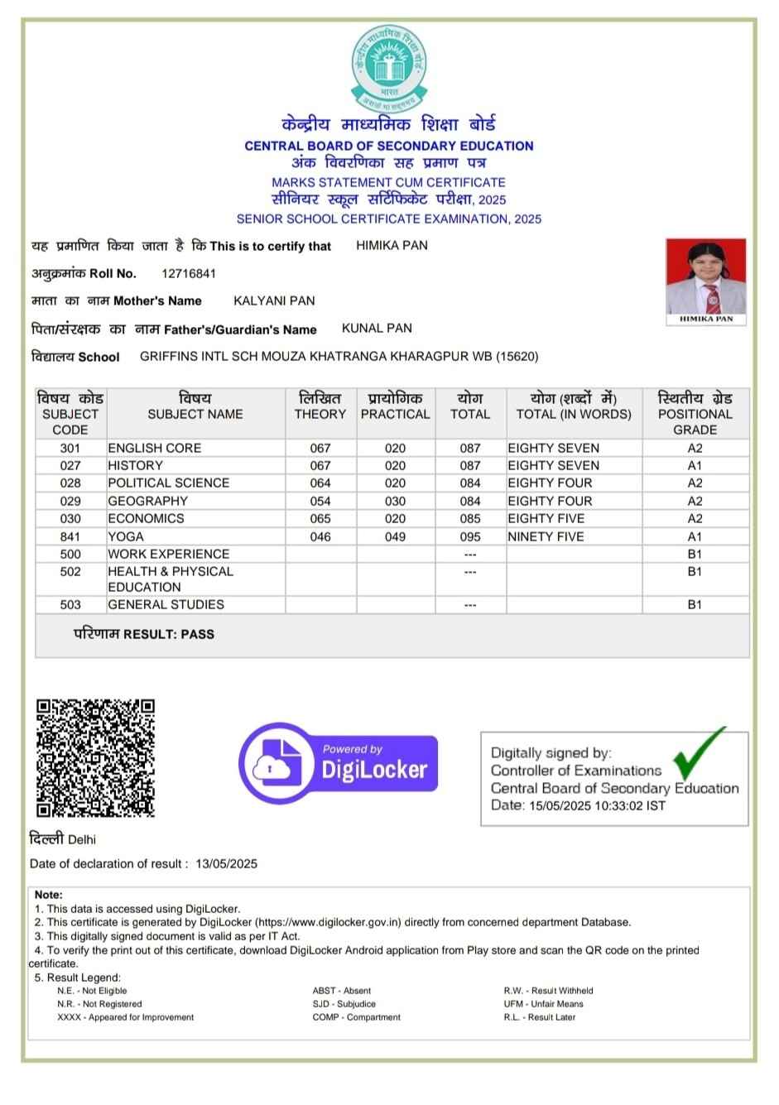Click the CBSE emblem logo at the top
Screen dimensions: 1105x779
click(x=389, y=67)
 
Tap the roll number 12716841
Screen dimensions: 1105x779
click(x=189, y=273)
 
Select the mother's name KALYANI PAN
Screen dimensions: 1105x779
click(x=274, y=300)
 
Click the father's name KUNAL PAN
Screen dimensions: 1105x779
click(x=377, y=328)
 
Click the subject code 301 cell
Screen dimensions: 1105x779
click(x=70, y=448)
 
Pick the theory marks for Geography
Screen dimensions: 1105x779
click(x=320, y=501)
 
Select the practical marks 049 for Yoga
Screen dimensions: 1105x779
click(x=395, y=536)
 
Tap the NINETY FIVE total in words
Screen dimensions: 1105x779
click(x=546, y=536)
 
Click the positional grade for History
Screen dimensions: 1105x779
click(x=695, y=465)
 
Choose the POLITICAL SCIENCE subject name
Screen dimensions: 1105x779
click(x=169, y=483)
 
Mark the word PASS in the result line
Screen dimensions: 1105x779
click(x=198, y=634)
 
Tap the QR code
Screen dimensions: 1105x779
click(x=95, y=757)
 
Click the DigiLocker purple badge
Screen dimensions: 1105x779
click(x=339, y=762)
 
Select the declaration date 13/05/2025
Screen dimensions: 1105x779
click(x=226, y=863)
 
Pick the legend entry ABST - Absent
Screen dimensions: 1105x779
click(x=341, y=990)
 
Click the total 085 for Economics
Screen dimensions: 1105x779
click(x=470, y=518)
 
